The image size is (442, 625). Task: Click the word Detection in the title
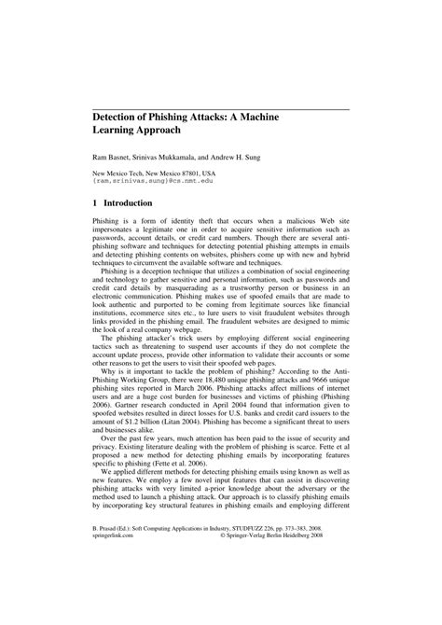(125, 119)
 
